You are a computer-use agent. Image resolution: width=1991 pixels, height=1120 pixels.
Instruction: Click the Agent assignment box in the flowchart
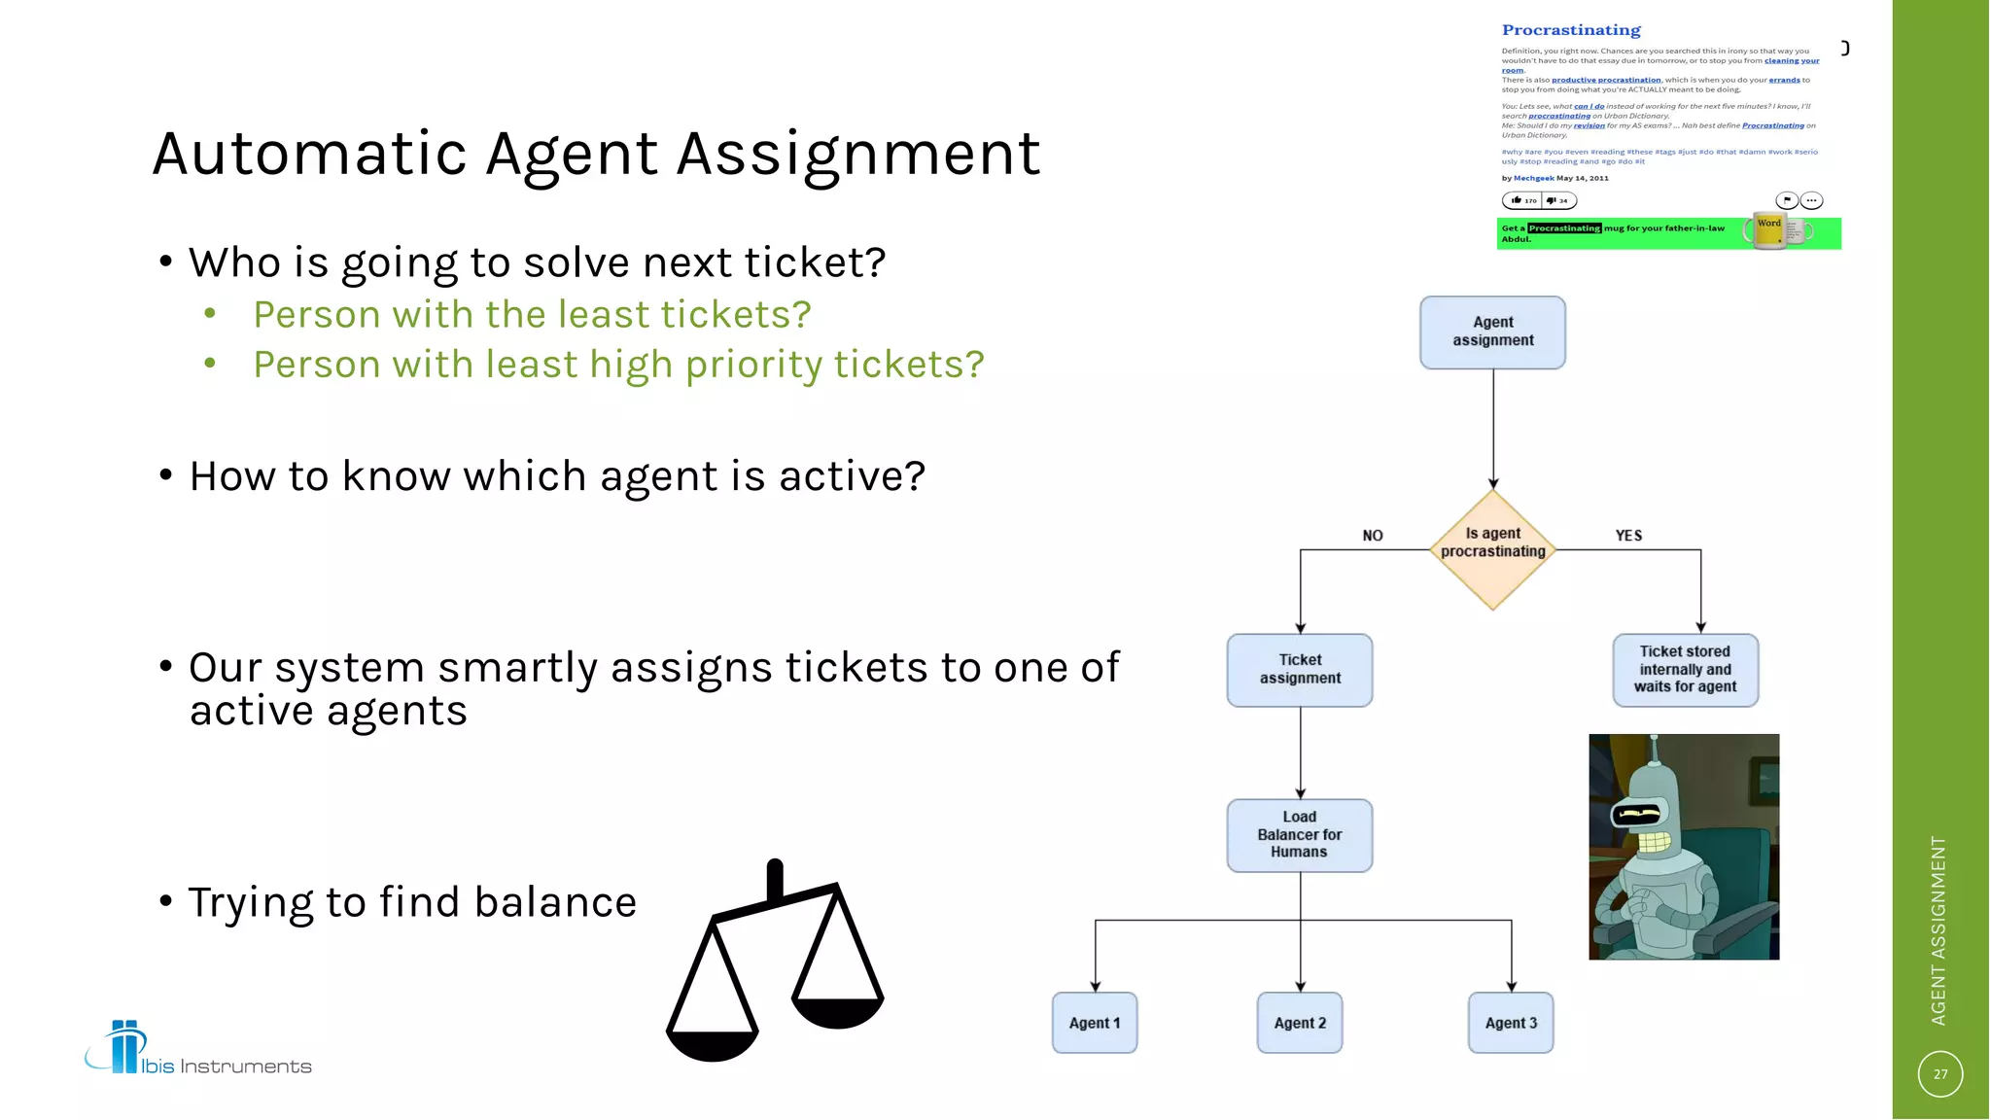coord(1492,332)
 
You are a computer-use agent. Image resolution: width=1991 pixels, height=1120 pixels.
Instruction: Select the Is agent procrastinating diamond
coord(1492,550)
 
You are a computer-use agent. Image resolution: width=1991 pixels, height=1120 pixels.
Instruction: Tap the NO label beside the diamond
coord(1372,536)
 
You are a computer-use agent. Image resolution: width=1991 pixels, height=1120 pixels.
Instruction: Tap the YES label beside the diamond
coord(1628,536)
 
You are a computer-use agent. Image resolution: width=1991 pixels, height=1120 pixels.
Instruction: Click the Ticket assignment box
coord(1300,670)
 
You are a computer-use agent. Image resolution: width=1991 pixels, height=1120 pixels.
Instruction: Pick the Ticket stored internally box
coord(1685,670)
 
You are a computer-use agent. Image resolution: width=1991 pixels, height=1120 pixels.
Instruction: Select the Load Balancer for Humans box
coord(1300,835)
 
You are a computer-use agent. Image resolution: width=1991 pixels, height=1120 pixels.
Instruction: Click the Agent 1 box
coord(1095,1023)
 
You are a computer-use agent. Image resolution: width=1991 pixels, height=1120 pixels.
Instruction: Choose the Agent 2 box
coord(1300,1023)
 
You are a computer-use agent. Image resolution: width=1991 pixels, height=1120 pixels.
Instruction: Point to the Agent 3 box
coord(1511,1023)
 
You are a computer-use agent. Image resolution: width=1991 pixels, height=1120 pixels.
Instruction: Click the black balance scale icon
coord(775,962)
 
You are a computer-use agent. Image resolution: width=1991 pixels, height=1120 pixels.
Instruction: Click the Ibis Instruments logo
coord(198,1050)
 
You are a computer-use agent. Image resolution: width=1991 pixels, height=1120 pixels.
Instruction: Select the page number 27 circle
coord(1940,1074)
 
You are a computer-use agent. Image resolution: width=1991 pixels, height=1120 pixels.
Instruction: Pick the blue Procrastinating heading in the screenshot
coord(1571,30)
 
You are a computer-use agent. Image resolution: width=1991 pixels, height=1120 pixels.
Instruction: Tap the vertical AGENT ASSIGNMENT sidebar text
coord(1939,930)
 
